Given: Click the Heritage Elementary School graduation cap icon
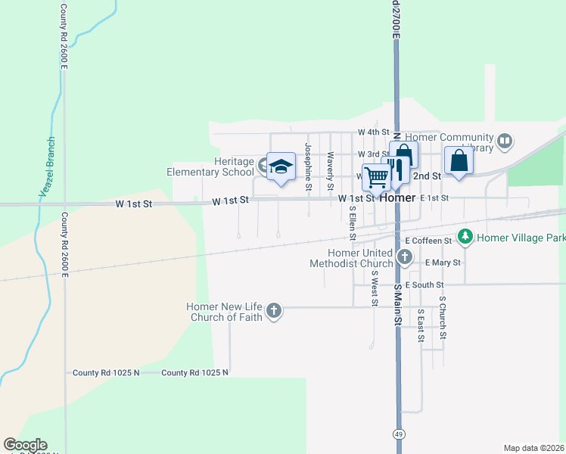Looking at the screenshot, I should pyautogui.click(x=281, y=166).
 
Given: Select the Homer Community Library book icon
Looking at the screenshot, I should pyautogui.click(x=504, y=141).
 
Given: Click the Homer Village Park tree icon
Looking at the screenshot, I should pyautogui.click(x=465, y=238).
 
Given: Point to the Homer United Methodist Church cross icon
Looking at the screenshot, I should pyautogui.click(x=405, y=258).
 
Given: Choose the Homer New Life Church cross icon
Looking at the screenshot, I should pyautogui.click(x=274, y=310).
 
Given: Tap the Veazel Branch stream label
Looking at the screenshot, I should pyautogui.click(x=47, y=168).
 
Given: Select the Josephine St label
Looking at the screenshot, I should pyautogui.click(x=308, y=166).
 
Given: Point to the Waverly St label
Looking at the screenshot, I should pyautogui.click(x=330, y=171).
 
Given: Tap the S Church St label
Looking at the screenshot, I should pyautogui.click(x=443, y=317).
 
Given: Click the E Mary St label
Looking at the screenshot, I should pyautogui.click(x=443, y=263).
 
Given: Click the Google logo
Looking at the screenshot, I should pyautogui.click(x=25, y=445).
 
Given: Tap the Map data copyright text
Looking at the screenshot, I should pyautogui.click(x=534, y=448).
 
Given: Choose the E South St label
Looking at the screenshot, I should pyautogui.click(x=423, y=285).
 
